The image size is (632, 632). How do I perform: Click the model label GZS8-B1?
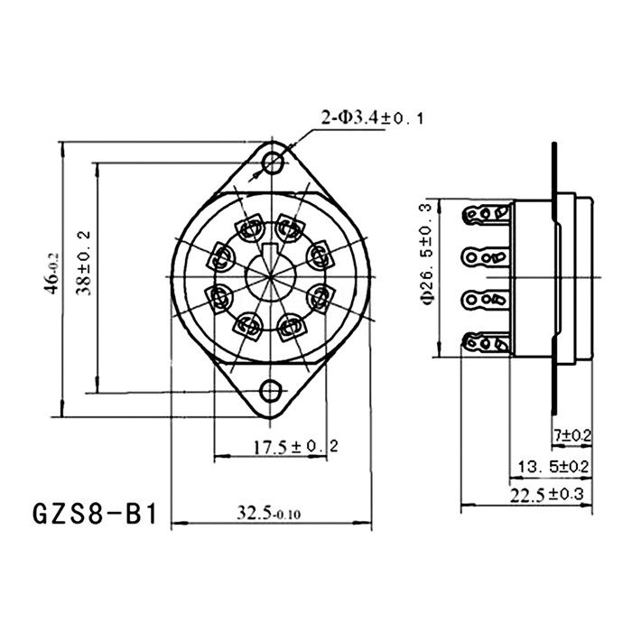pyautogui.click(x=94, y=514)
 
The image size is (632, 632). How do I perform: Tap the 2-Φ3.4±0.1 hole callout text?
pyautogui.click(x=372, y=118)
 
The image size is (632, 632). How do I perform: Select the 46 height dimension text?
pyautogui.click(x=52, y=274)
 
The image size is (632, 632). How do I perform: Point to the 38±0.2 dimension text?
pyautogui.click(x=84, y=264)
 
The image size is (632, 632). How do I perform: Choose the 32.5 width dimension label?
pyautogui.click(x=268, y=513)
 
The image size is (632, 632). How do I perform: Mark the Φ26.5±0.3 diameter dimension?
pyautogui.click(x=427, y=255)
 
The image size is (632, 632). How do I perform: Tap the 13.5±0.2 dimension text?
pyautogui.click(x=553, y=467)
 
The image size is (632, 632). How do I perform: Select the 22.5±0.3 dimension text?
pyautogui.click(x=547, y=494)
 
